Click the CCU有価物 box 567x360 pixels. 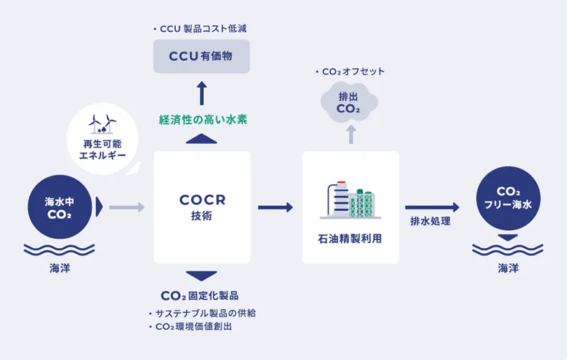tap(202, 56)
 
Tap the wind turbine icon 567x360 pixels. tap(101, 123)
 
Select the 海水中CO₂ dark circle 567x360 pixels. tap(60, 208)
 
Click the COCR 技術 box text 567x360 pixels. tap(202, 207)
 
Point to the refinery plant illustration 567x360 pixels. tap(350, 200)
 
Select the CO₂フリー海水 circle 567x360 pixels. tap(508, 199)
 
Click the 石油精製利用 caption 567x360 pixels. tap(350, 238)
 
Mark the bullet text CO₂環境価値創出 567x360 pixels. tap(193, 327)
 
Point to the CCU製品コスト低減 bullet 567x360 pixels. tap(205, 29)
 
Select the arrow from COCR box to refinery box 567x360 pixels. tap(275, 207)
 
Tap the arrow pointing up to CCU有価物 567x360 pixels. tap(202, 94)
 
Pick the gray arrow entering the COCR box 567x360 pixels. tap(128, 207)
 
